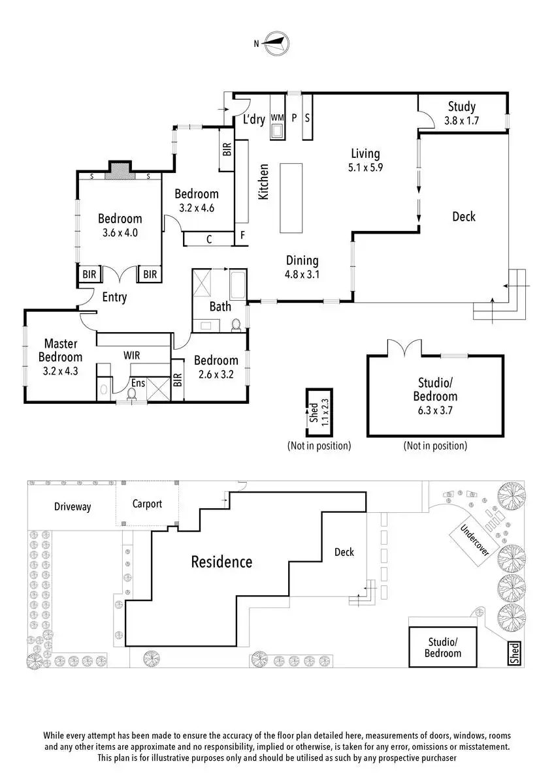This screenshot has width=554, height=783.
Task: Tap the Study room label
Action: (x=461, y=107)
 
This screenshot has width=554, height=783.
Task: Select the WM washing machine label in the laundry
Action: (x=277, y=117)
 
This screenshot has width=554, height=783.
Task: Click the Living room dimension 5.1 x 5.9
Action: (x=365, y=166)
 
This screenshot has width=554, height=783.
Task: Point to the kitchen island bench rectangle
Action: (x=292, y=198)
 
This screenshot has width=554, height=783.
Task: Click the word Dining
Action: (x=301, y=260)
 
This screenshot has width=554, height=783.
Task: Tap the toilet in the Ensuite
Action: (x=133, y=393)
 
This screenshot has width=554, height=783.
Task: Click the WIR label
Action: (x=133, y=355)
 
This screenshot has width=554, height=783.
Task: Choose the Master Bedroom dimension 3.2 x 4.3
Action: (x=60, y=371)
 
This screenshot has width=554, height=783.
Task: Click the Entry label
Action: (x=114, y=298)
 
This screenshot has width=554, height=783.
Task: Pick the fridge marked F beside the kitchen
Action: (x=242, y=236)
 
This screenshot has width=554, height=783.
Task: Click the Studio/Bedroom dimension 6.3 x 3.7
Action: (x=435, y=410)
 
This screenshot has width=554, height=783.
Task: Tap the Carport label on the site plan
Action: (x=146, y=504)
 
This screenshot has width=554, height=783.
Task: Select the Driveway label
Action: (x=73, y=506)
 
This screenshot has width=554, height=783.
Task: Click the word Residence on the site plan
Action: (x=221, y=561)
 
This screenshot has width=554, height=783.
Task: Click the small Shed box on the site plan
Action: (x=515, y=653)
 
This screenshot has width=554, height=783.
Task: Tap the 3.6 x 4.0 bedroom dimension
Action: (x=120, y=232)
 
